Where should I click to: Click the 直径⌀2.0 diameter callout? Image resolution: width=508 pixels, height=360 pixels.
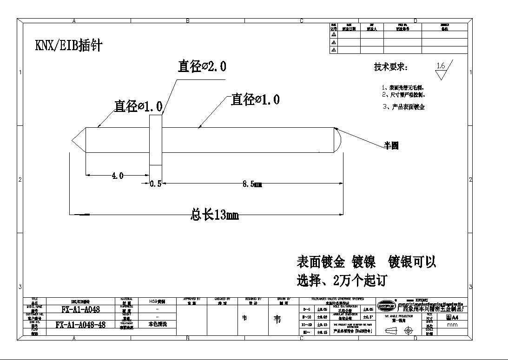pos(202,66)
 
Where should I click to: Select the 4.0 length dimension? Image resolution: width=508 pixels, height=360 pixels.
pos(117,176)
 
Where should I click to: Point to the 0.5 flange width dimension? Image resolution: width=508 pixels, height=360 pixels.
pos(155,183)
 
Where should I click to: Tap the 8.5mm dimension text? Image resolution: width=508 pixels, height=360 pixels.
pos(252,184)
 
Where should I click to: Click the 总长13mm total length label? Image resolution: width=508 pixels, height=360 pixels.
pos(215,215)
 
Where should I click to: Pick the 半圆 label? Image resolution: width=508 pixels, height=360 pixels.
pos(391,145)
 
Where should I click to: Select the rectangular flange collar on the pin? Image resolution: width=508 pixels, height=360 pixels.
pos(155,140)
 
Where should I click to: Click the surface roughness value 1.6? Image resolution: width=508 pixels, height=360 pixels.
pos(441,66)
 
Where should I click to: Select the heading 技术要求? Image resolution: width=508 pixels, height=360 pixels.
pos(391,67)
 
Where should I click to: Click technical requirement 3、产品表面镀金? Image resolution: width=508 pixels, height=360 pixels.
pos(402,107)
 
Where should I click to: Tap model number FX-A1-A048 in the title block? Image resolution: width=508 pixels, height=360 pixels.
pos(80,309)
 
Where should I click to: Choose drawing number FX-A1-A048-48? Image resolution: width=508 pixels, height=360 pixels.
pos(80,325)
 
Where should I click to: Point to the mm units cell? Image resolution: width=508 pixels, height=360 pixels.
pos(451,325)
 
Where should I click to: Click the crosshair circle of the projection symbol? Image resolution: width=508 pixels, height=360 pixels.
pos(409,331)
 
